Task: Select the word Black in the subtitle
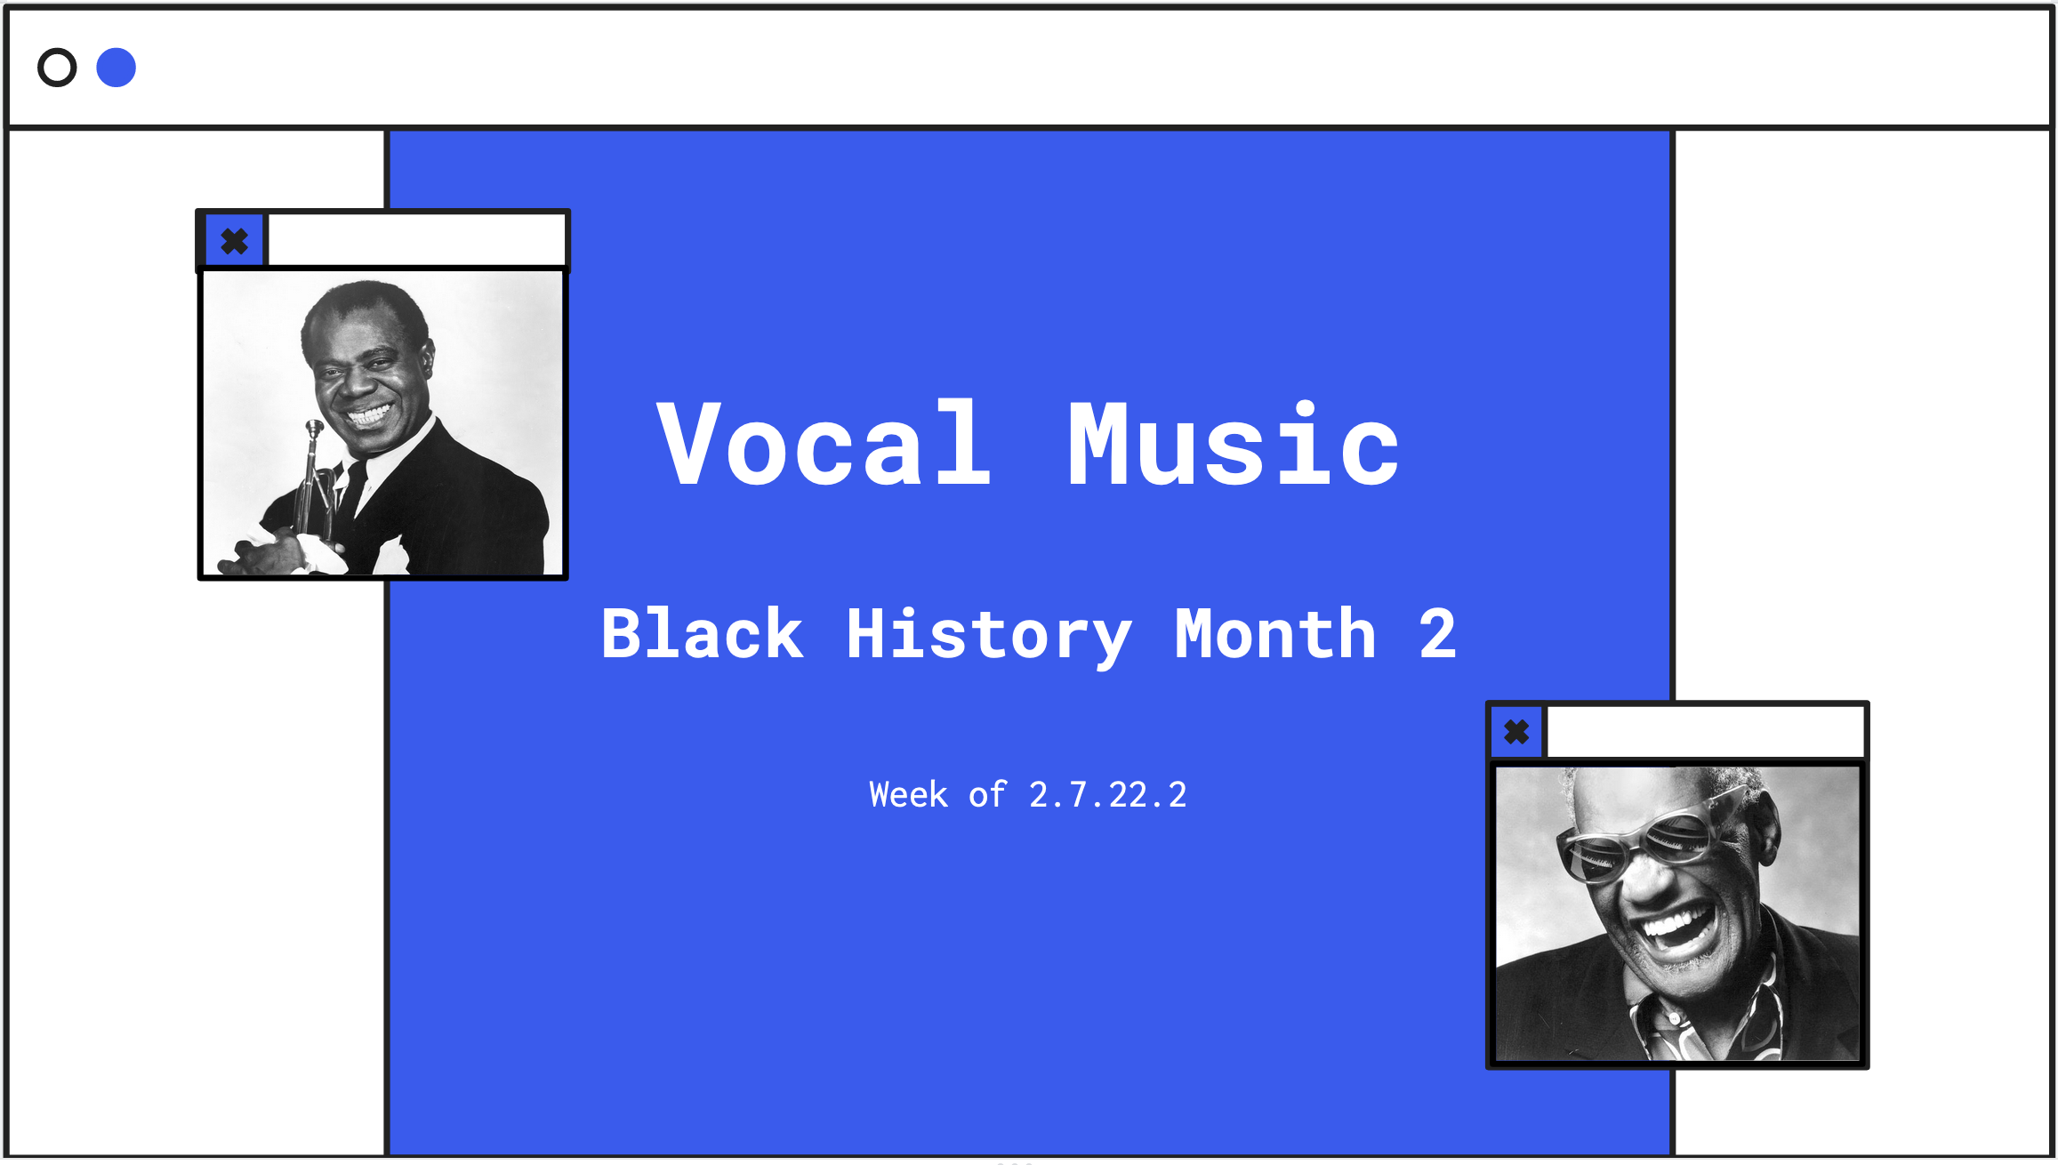tap(703, 633)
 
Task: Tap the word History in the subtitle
tap(989, 635)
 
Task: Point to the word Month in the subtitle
tap(1275, 633)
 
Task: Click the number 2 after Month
tap(1438, 634)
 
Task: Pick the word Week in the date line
tap(908, 794)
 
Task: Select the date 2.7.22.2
tap(1107, 795)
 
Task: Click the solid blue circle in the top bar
tap(117, 68)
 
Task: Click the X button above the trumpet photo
tap(235, 241)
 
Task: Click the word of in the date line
tap(987, 794)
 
